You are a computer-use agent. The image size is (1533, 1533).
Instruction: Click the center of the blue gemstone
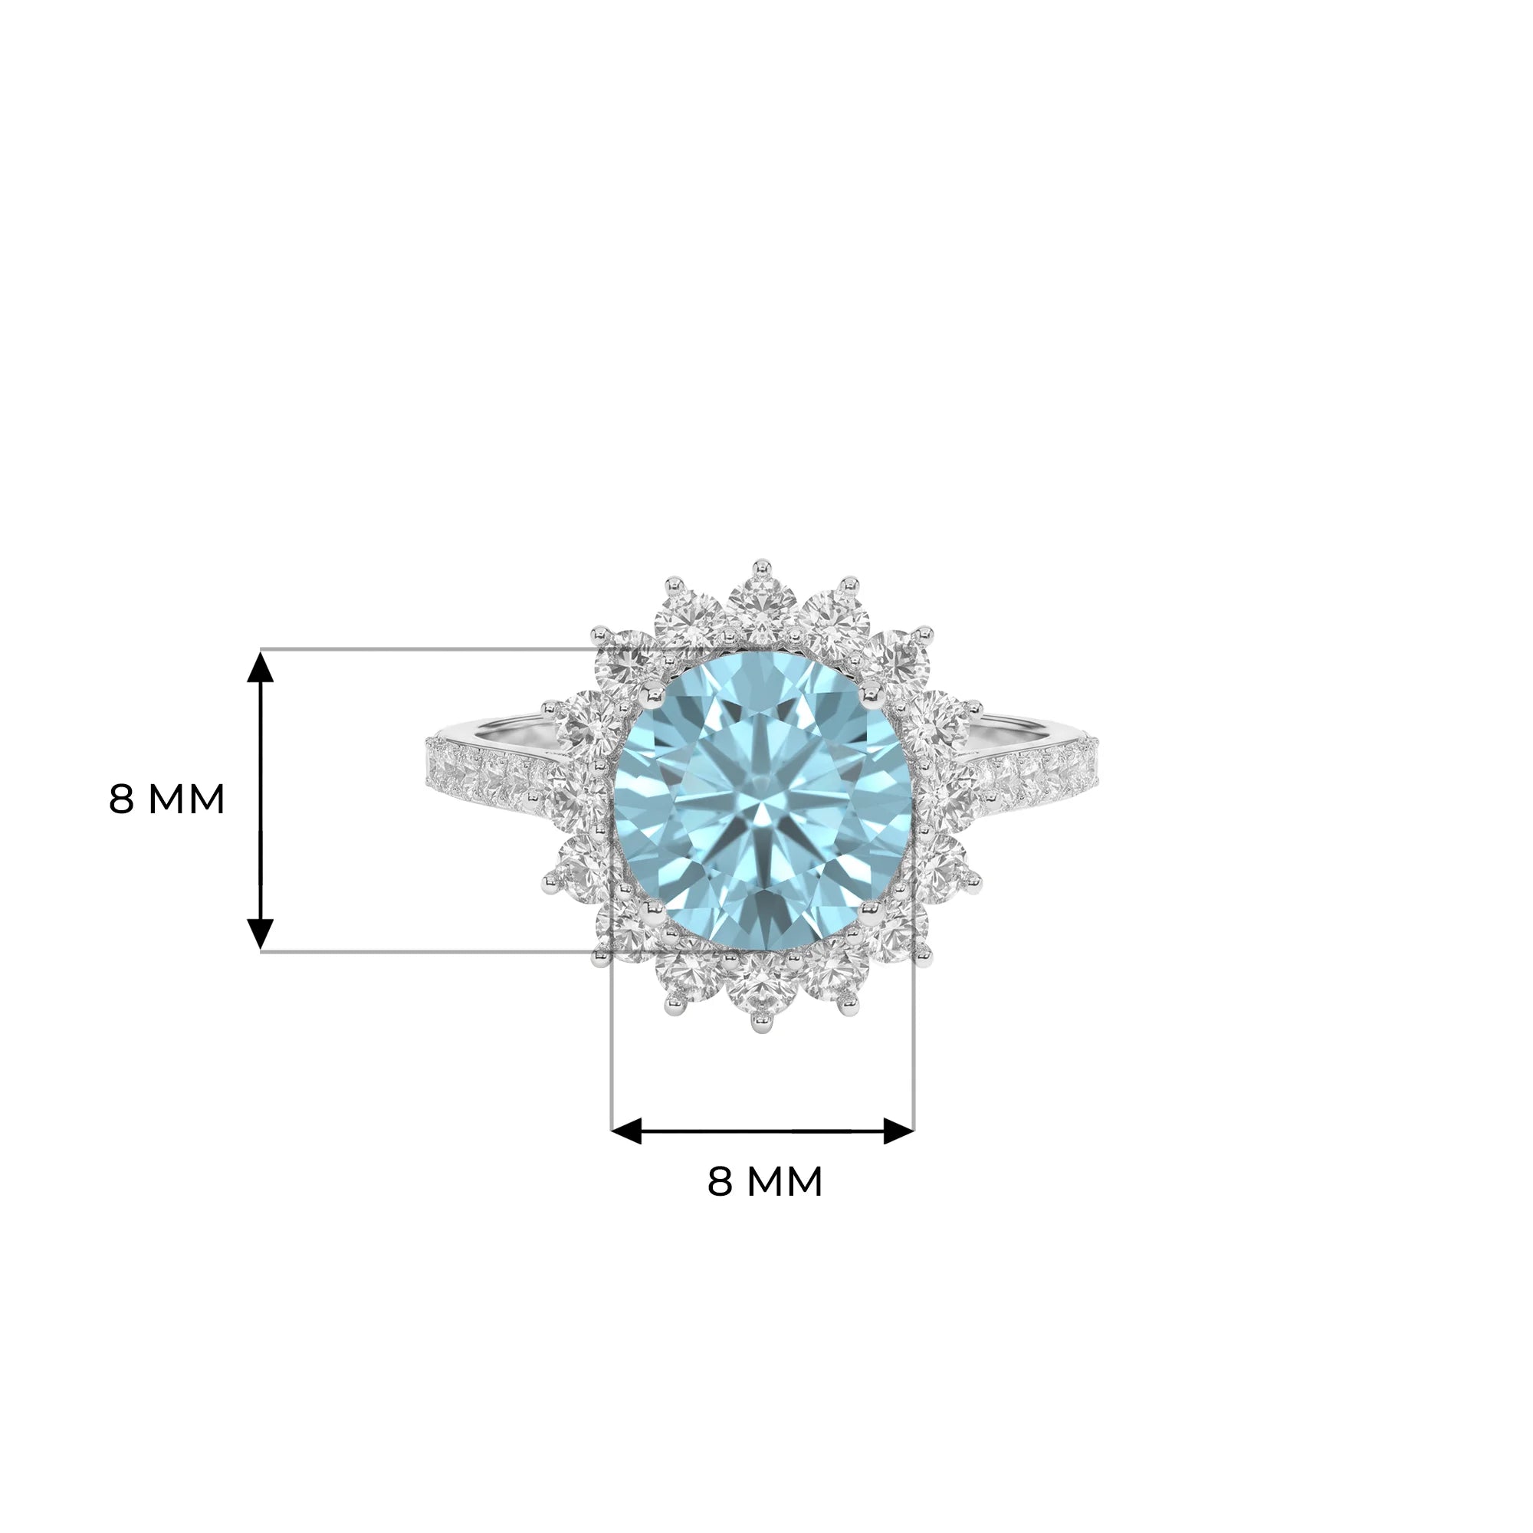pyautogui.click(x=764, y=802)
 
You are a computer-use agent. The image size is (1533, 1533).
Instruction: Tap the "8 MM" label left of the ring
pyautogui.click(x=166, y=799)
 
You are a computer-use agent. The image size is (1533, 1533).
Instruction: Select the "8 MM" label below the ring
pyautogui.click(x=765, y=1181)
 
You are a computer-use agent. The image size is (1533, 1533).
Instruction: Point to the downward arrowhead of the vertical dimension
pyautogui.click(x=261, y=934)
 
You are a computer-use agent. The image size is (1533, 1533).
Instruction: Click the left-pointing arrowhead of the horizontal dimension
pyautogui.click(x=626, y=1131)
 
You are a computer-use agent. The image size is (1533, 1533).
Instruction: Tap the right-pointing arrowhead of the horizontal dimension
pyautogui.click(x=899, y=1131)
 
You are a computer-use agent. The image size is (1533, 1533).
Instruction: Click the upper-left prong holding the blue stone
pyautogui.click(x=653, y=696)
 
